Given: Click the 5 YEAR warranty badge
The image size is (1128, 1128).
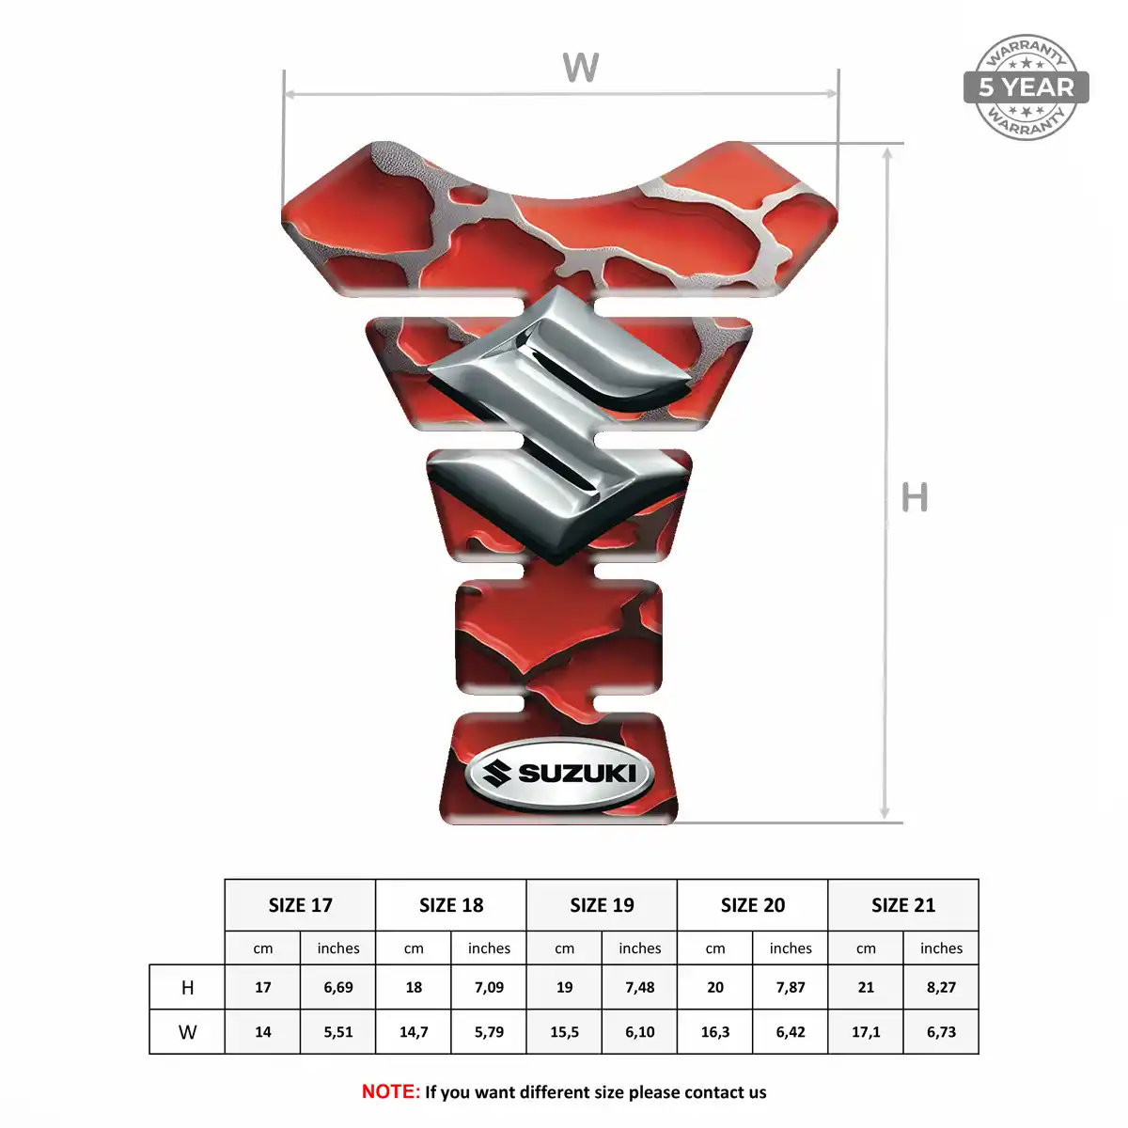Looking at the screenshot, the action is (x=1026, y=87).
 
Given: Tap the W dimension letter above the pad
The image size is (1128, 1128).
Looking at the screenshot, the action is (x=581, y=68).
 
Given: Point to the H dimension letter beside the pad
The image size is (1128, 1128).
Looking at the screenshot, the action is (x=915, y=497).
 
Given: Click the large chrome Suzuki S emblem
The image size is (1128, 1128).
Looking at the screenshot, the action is (x=559, y=424).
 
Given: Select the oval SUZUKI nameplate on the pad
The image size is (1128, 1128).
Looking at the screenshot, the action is (x=559, y=774).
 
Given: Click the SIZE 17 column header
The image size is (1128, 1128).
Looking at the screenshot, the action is (x=300, y=905).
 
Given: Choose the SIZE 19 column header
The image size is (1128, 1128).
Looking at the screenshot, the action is (x=602, y=905).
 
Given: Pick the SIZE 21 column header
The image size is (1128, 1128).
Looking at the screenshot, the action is (x=903, y=905).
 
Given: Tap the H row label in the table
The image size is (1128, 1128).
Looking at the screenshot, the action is (x=187, y=988).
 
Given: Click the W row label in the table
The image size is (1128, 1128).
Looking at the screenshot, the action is (x=187, y=1032).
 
